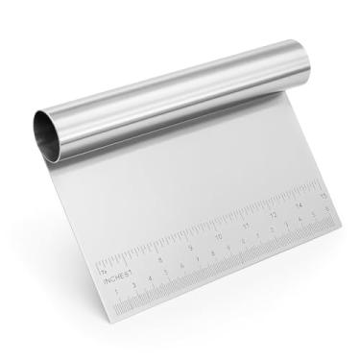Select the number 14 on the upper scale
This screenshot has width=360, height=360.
click(x=300, y=204)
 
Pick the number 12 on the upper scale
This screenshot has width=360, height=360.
click(x=274, y=215)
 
